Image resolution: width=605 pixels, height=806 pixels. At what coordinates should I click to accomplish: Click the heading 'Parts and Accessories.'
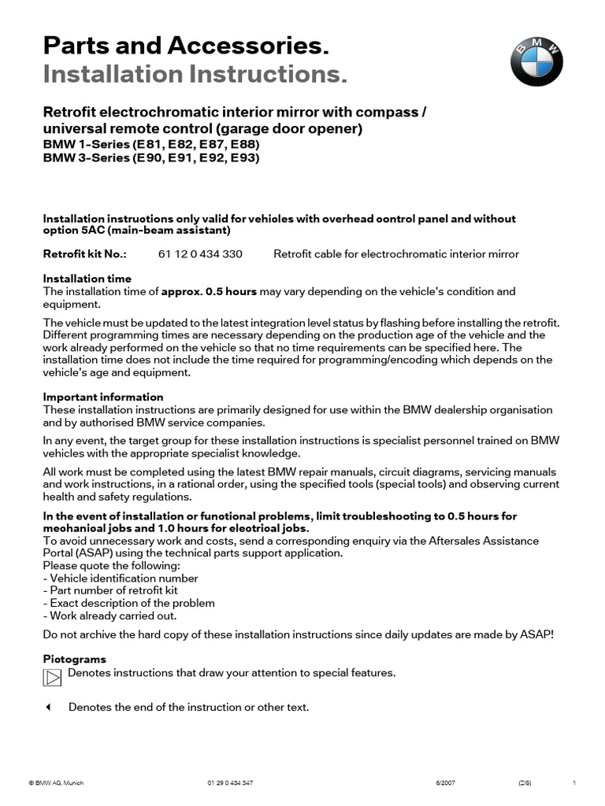185,46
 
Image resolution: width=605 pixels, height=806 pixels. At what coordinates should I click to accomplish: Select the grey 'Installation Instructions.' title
195,75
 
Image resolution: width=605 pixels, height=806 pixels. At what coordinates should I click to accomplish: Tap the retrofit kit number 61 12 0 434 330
200,254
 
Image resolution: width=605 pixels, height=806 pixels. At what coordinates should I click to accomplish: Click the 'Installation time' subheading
87,279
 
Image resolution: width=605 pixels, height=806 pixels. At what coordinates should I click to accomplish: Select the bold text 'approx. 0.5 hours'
210,291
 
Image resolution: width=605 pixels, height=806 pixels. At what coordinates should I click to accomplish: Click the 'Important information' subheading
103,397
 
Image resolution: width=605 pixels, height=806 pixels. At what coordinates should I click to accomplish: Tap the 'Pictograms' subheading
74,659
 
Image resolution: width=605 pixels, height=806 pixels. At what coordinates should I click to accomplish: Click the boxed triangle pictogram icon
52,677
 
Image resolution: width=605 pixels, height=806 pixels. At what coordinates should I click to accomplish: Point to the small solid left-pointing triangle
47,707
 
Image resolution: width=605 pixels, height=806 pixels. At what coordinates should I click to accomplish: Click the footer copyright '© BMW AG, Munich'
56,783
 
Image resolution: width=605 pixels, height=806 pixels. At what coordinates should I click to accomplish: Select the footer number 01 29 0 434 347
230,783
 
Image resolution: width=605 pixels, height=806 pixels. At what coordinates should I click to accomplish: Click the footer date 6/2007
445,783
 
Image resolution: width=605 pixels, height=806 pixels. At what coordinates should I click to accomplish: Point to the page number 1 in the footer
575,783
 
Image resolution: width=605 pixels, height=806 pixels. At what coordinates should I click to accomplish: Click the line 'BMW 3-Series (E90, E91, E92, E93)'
150,157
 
